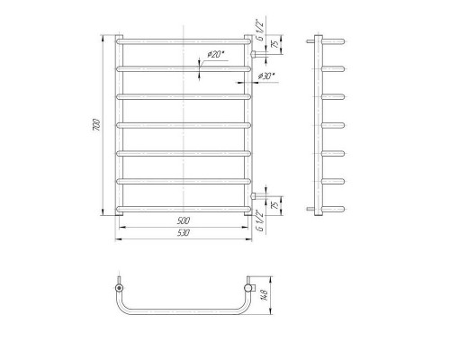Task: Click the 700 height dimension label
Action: (x=96, y=124)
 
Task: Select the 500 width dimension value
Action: (x=184, y=220)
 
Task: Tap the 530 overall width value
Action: (x=184, y=233)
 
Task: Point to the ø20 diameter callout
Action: (x=216, y=54)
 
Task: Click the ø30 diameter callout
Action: (x=266, y=76)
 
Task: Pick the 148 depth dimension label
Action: (x=265, y=295)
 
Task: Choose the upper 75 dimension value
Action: (x=274, y=44)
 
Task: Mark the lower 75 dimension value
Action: (x=274, y=205)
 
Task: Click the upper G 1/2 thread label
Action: (x=260, y=30)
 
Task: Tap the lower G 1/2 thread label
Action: (x=260, y=220)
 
